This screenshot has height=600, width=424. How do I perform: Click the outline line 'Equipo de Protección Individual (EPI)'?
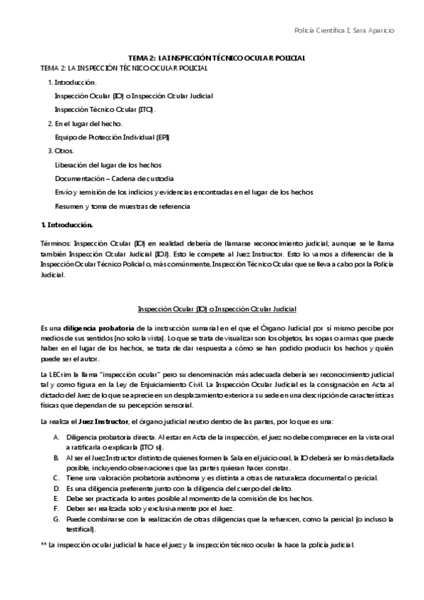point(112,137)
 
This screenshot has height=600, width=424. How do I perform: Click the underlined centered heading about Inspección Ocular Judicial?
point(216,309)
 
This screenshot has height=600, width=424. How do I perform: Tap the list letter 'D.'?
point(56,488)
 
